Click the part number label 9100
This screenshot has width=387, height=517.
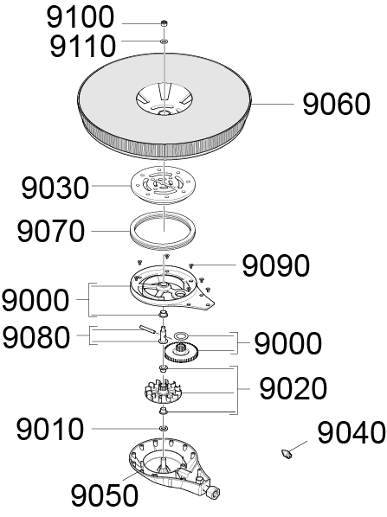[81, 17]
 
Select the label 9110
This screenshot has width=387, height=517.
[82, 46]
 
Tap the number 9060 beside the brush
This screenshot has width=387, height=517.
[337, 105]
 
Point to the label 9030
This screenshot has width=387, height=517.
[55, 188]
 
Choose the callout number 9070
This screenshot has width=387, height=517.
[51, 231]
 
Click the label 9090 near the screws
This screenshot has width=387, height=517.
[276, 265]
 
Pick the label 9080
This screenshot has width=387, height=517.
[36, 337]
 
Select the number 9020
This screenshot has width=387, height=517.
[293, 388]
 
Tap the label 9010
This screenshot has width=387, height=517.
[50, 429]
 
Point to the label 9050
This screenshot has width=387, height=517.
[105, 495]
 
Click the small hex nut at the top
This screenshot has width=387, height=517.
[164, 23]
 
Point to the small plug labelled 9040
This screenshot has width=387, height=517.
[287, 454]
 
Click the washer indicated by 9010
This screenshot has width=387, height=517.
[163, 428]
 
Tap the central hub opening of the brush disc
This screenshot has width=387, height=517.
[164, 99]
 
